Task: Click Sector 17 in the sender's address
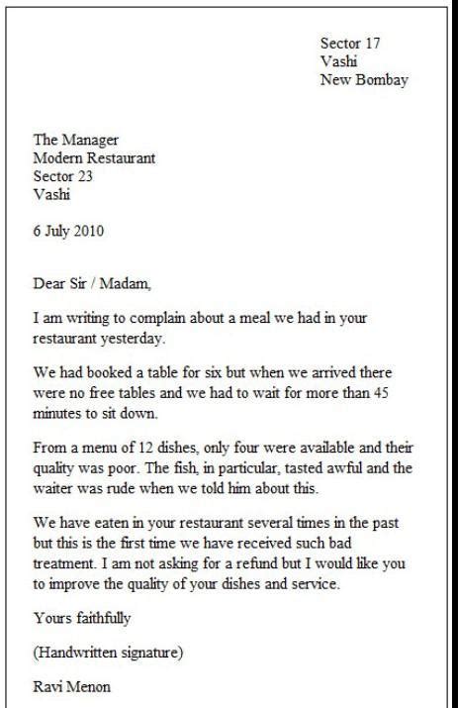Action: pos(350,44)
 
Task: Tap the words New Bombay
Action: pos(364,80)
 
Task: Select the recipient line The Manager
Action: pos(76,140)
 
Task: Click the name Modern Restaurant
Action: pos(94,157)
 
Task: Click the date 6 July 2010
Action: pos(68,232)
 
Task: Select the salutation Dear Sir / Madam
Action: pos(93,285)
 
